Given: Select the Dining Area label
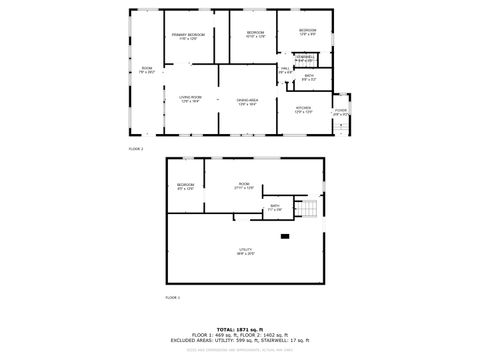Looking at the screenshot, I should (248, 101).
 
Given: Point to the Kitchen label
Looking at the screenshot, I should (303, 109).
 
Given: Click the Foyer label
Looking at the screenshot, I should (340, 110).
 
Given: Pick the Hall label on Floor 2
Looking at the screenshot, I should (284, 70).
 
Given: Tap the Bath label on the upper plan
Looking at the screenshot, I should (309, 77).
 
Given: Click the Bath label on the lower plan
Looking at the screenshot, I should (275, 207).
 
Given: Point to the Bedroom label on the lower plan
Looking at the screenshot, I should (185, 186).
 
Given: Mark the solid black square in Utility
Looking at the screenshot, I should (284, 236).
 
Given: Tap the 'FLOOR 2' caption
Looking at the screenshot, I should (136, 148).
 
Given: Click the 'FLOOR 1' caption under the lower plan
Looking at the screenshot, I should (173, 298).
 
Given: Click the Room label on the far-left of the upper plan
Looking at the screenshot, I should (146, 70).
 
